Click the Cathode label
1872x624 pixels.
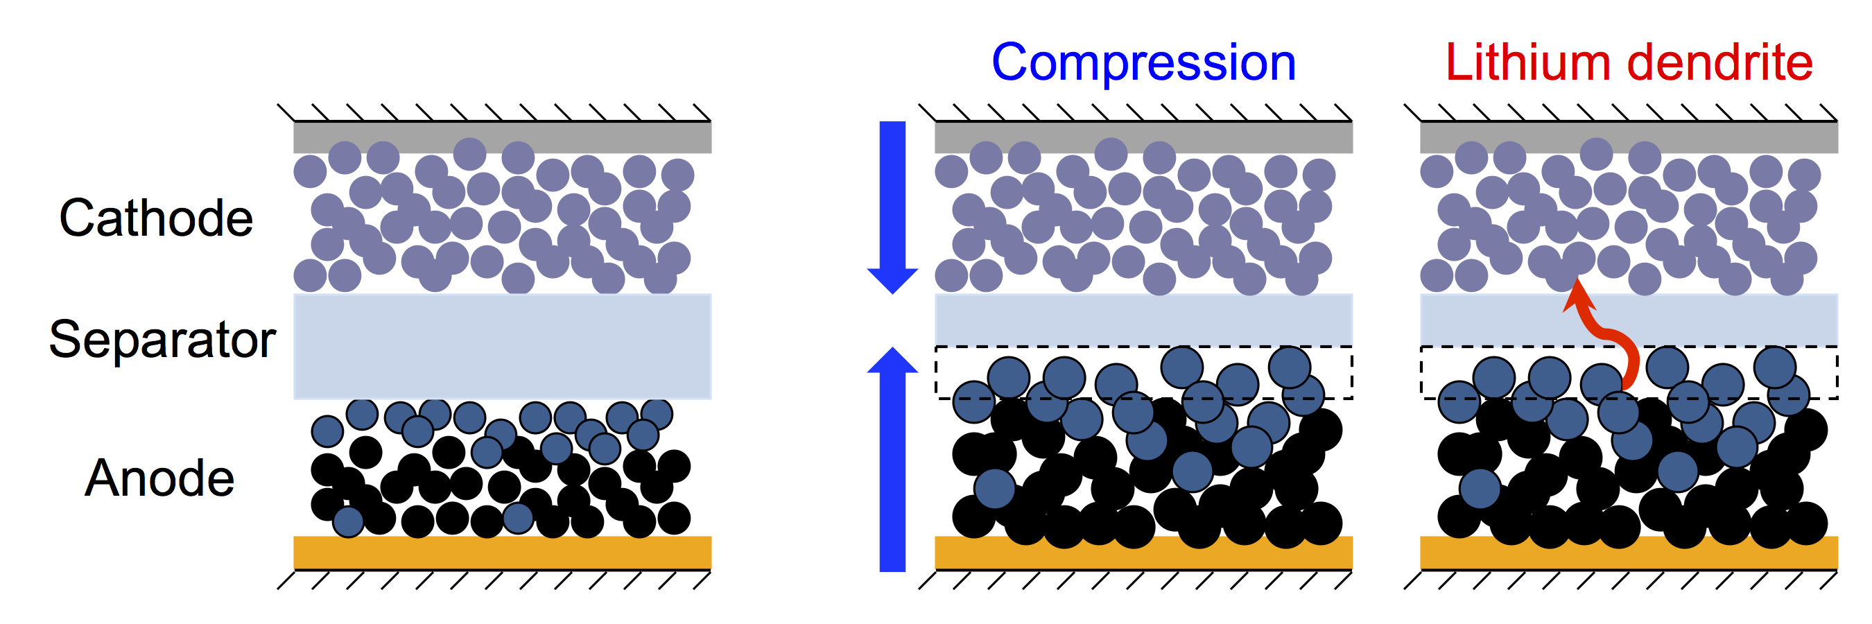(156, 217)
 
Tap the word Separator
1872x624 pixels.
(162, 339)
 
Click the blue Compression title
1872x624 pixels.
(1143, 64)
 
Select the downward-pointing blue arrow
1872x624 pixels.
(892, 207)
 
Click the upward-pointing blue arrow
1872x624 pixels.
(892, 459)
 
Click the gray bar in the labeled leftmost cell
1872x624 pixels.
(502, 137)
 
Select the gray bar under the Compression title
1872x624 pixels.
(1143, 137)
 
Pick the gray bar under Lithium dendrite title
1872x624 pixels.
(1629, 137)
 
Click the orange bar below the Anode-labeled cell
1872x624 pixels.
(502, 552)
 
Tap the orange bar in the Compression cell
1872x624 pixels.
(1143, 553)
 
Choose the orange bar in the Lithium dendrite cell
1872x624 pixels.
(1629, 553)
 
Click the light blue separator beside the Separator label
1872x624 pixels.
(502, 347)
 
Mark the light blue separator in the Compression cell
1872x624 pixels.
(1143, 320)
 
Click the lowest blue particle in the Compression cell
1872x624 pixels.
(994, 488)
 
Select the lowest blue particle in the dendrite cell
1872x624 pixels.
(1480, 488)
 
